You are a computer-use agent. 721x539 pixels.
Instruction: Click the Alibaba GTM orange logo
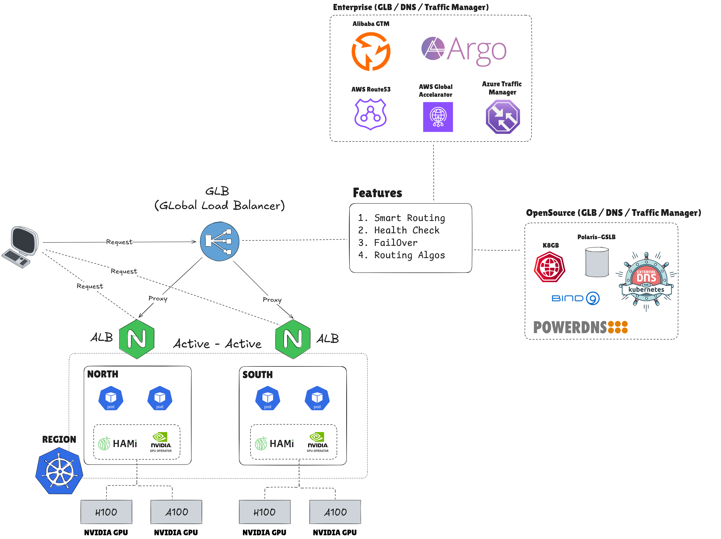coord(371,52)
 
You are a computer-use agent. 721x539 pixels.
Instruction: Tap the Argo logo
coord(463,51)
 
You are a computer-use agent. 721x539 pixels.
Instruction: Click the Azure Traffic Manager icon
coord(503,117)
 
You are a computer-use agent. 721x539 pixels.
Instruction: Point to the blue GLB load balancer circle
coord(219,241)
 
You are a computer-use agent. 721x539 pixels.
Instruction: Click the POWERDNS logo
coord(580,327)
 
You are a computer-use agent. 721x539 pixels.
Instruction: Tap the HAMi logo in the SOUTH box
coord(275,444)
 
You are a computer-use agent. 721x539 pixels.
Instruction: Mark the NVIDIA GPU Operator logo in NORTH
coord(161,442)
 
